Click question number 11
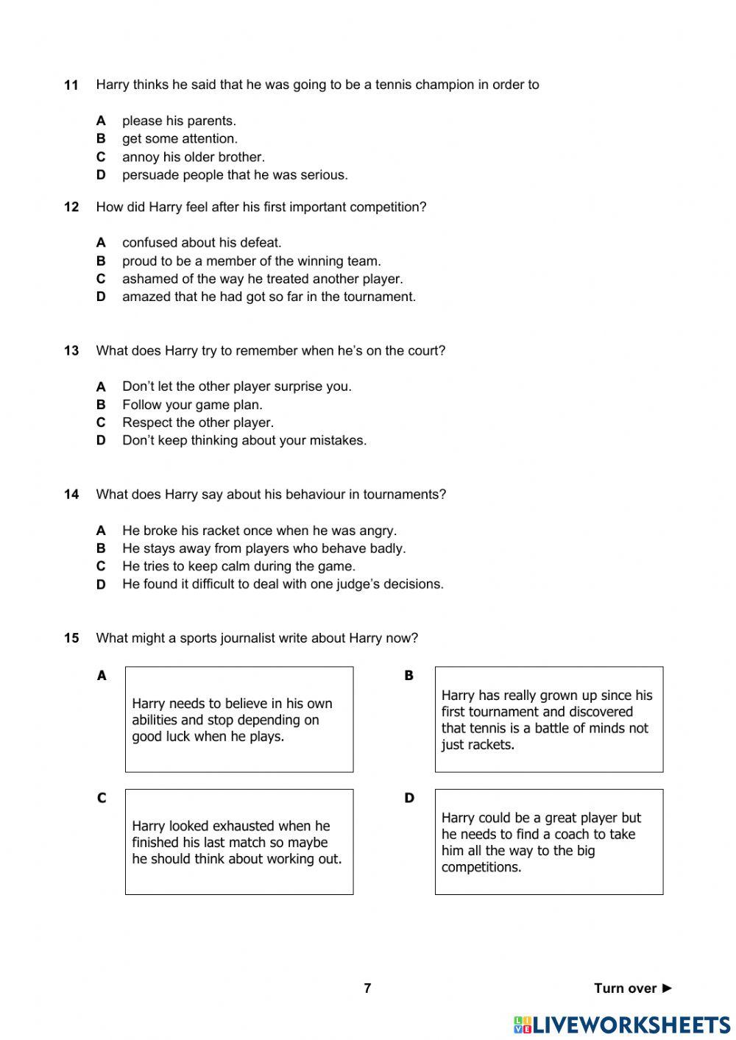pos(71,85)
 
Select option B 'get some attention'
pos(180,138)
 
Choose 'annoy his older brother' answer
pos(193,157)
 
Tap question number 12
pos(71,208)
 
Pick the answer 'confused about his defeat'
pos(202,242)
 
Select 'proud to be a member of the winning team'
pos(251,261)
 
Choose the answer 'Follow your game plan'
pos(192,404)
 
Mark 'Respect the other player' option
pos(197,422)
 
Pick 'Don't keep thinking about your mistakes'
pos(244,440)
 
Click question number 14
pos(71,495)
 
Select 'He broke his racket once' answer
pos(259,531)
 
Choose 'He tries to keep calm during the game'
pos(238,566)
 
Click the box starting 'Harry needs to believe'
pos(238,719)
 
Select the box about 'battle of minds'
pos(548,719)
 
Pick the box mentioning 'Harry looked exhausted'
pos(238,842)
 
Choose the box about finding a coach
pos(548,842)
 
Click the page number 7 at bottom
pos(367,988)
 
